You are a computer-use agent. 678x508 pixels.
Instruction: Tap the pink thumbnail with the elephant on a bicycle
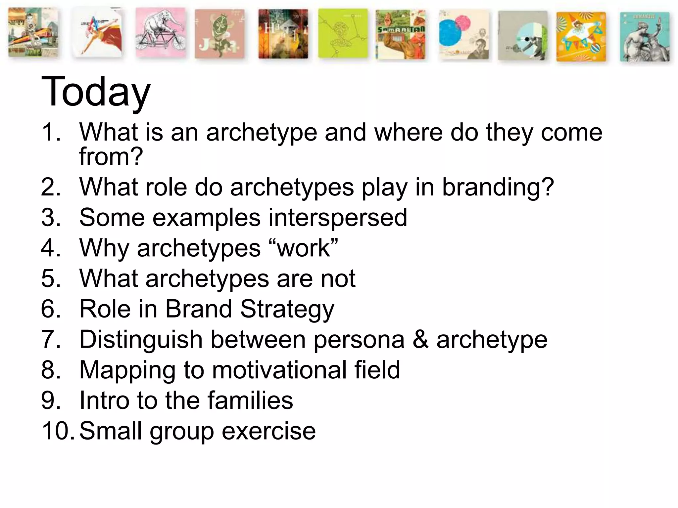(x=161, y=33)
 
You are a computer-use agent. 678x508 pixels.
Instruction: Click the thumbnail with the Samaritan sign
(x=401, y=34)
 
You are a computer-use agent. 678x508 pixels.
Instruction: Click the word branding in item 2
(x=498, y=187)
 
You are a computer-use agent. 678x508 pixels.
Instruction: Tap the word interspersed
(x=338, y=218)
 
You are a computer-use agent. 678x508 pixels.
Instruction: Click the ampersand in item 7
(x=420, y=340)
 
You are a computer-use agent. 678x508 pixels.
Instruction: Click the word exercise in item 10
(x=268, y=431)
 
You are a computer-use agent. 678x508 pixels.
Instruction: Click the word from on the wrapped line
(x=111, y=156)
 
